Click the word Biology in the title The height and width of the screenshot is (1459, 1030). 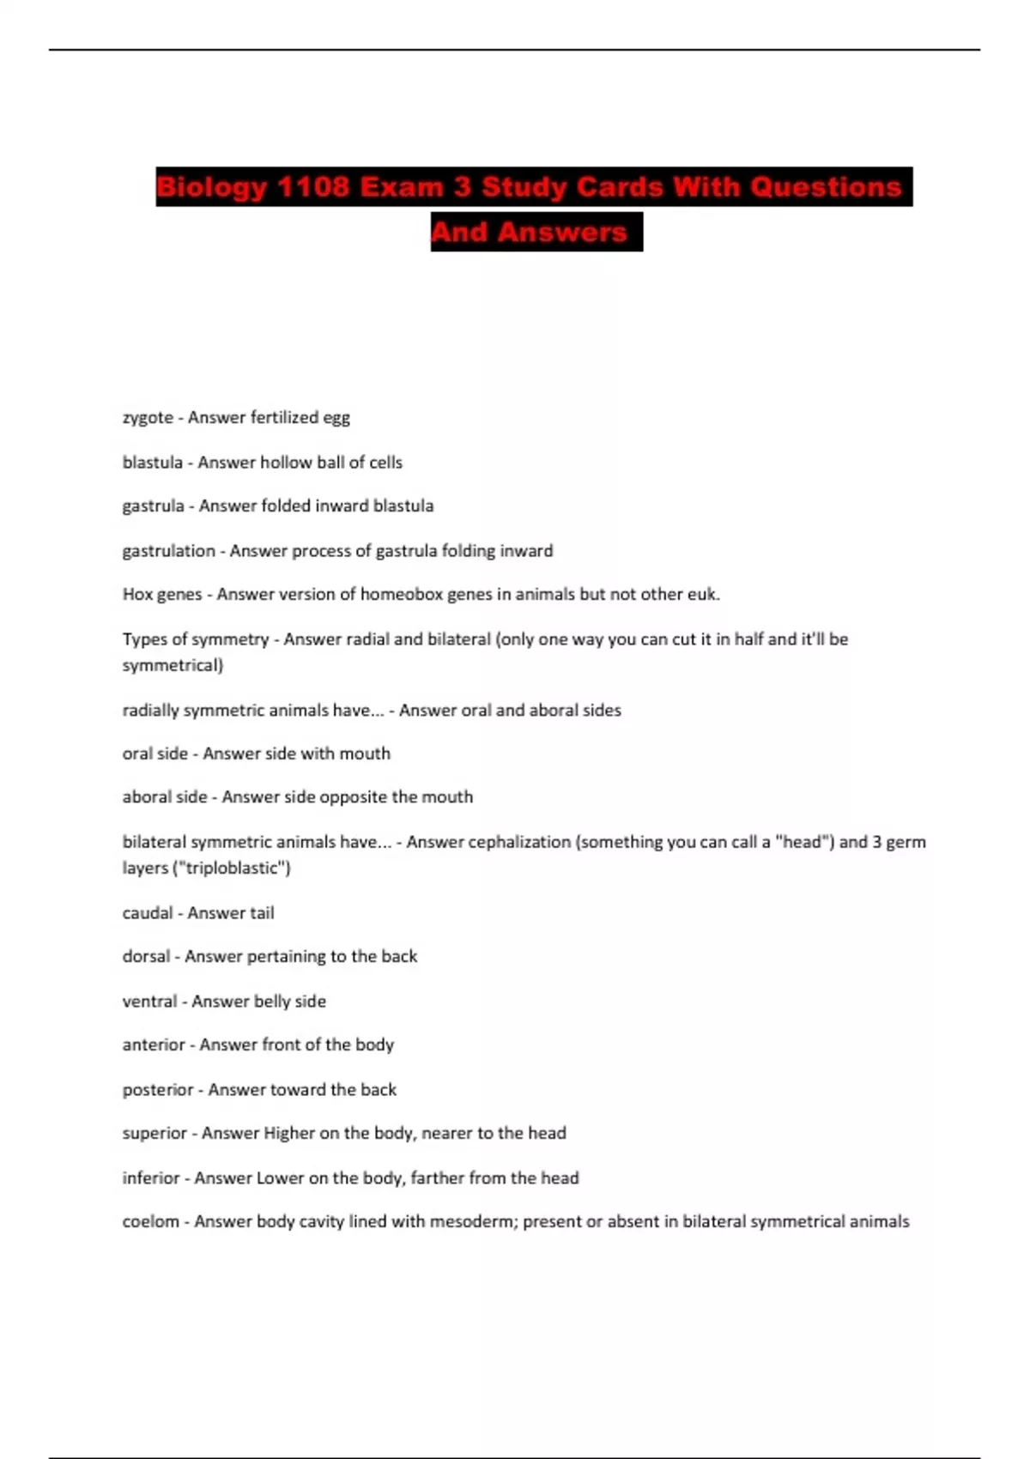(212, 187)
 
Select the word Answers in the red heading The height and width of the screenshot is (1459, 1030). (562, 232)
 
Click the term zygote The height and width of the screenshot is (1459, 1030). (148, 418)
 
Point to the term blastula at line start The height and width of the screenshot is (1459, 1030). (152, 463)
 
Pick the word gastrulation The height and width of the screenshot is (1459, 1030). (168, 551)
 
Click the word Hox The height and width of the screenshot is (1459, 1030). (137, 594)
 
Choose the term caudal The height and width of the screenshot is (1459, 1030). (148, 913)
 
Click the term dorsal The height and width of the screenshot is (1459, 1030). (146, 956)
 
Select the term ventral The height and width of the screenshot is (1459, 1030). (149, 1002)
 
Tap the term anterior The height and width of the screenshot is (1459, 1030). (154, 1044)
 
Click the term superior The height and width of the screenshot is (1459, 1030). (154, 1133)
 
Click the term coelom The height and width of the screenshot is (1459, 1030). (151, 1221)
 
